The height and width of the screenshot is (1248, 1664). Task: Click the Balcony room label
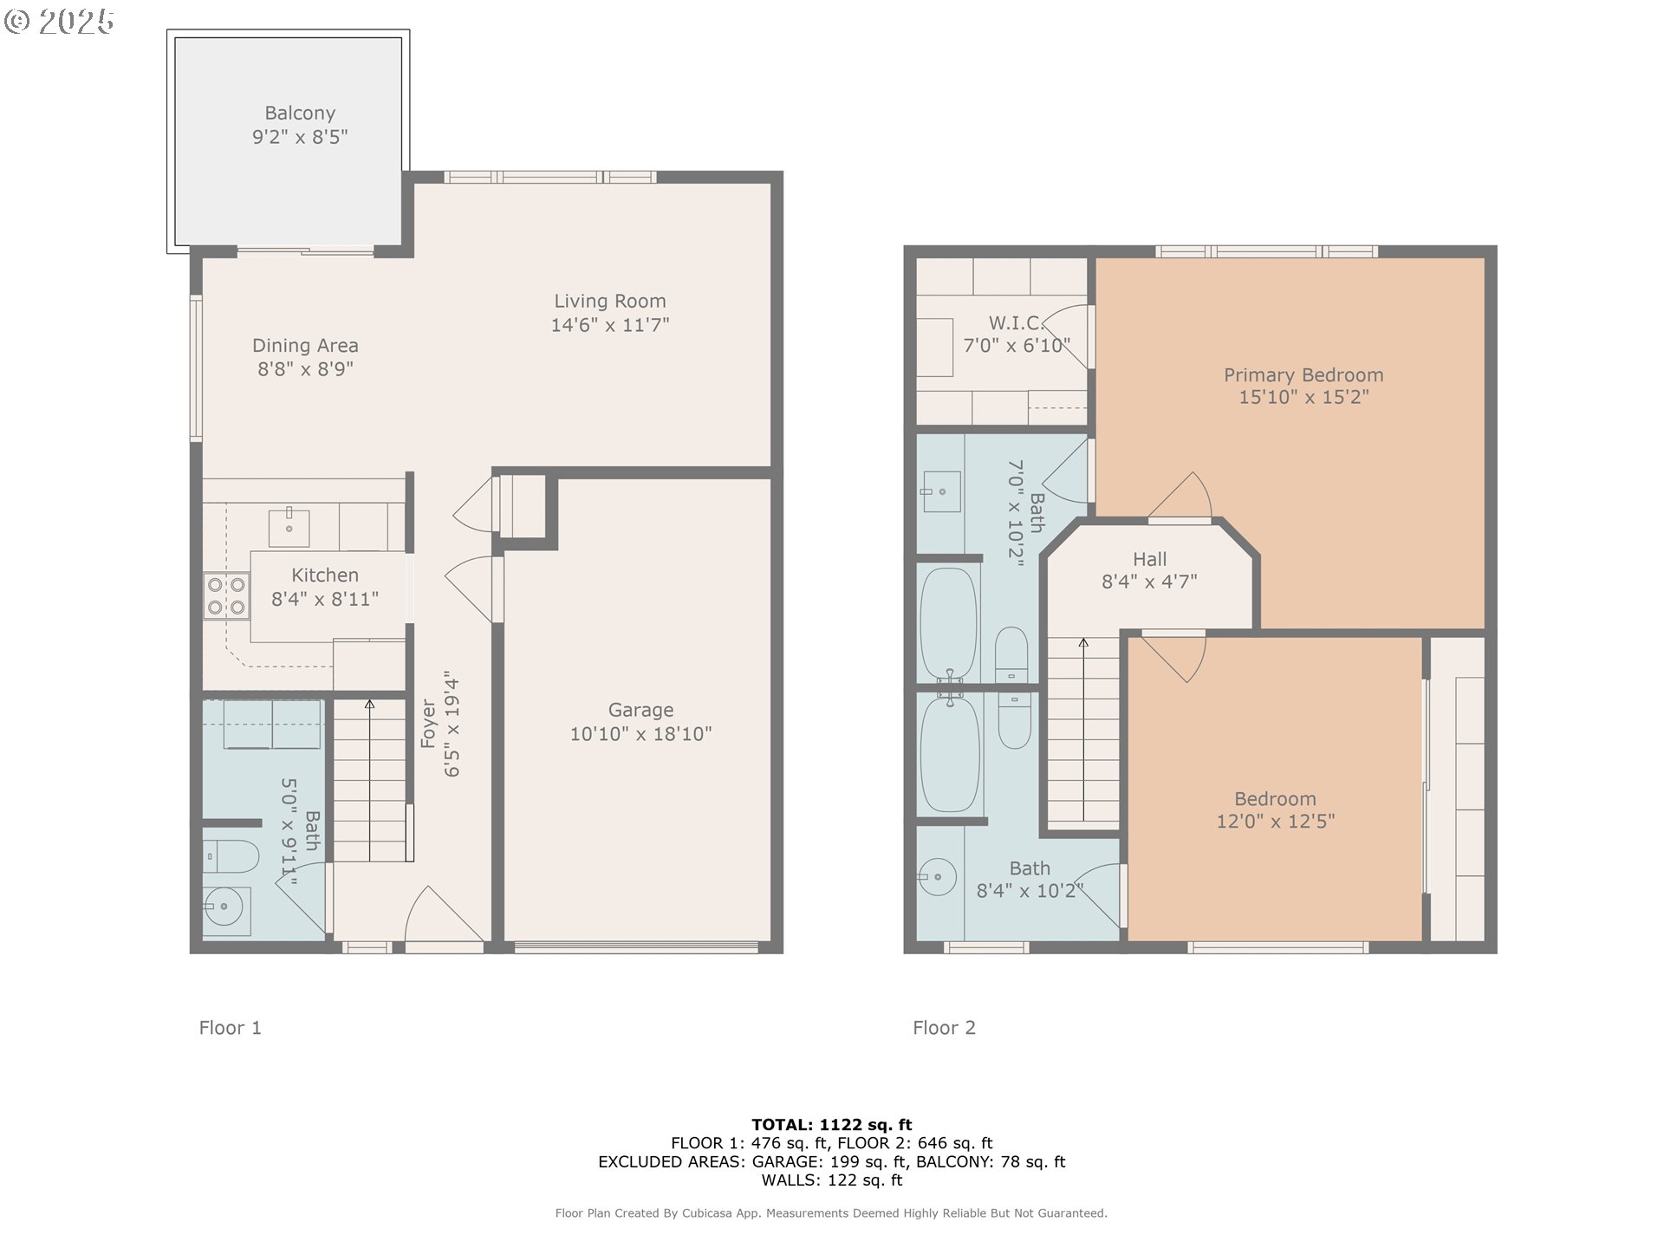click(300, 114)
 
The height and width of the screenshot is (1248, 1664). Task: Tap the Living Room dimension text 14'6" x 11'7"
click(610, 325)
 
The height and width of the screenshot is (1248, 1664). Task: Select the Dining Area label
click(305, 346)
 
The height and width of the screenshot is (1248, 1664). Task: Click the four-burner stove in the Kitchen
click(226, 596)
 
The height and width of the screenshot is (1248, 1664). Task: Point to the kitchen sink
click(289, 527)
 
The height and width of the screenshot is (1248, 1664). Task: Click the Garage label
click(640, 711)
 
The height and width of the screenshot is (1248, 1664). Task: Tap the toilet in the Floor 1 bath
click(231, 856)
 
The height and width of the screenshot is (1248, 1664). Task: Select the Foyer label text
click(428, 724)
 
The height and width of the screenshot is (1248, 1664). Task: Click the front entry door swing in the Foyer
click(444, 913)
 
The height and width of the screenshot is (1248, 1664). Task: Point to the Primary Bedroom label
click(1303, 375)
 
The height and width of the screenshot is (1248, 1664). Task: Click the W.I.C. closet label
click(1016, 323)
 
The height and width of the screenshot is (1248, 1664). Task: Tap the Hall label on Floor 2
click(1150, 560)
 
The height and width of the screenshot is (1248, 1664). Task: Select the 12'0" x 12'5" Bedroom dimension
click(1276, 822)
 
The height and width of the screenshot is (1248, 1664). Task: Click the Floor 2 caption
click(944, 1028)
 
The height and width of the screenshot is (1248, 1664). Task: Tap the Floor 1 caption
click(230, 1028)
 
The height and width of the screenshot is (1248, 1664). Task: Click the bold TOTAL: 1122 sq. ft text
click(832, 1125)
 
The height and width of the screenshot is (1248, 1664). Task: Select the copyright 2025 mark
click(59, 22)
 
